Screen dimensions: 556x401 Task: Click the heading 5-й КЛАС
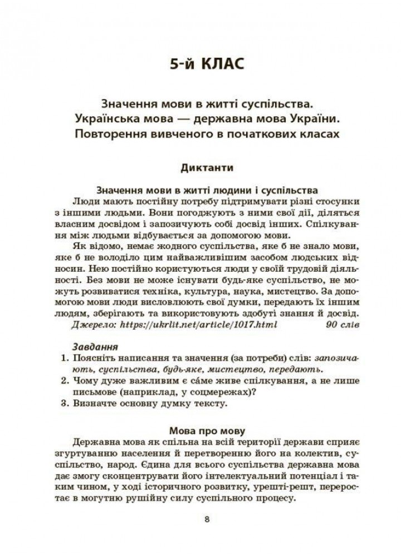pos(207,65)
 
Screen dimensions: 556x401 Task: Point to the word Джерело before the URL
pos(91,324)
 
